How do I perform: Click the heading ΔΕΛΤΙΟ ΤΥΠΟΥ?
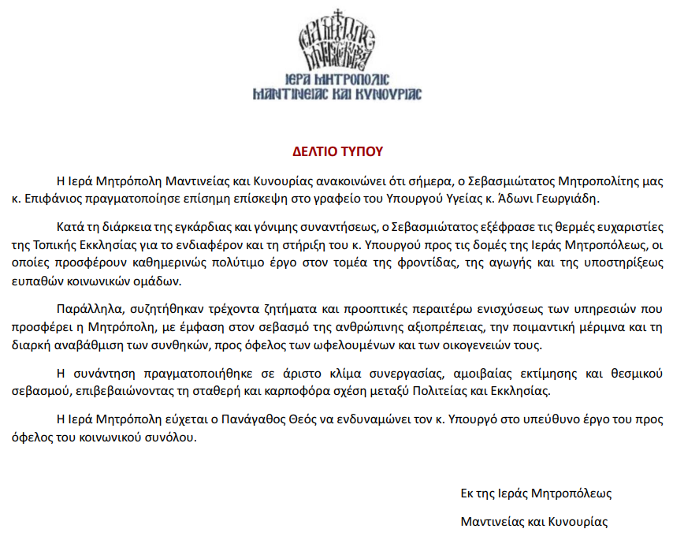click(336, 150)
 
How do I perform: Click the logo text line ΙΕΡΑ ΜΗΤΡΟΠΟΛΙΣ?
click(336, 79)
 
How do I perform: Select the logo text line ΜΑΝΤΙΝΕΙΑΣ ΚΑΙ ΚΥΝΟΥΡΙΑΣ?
click(336, 95)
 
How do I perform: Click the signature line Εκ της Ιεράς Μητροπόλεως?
click(536, 493)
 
